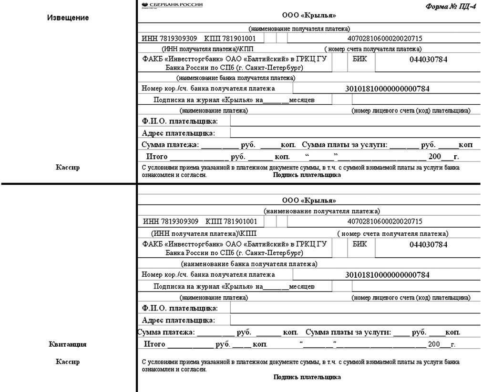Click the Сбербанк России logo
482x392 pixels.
[172, 5]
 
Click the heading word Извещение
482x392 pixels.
[68, 18]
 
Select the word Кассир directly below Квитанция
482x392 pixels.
[68, 362]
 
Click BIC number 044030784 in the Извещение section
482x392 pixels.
[428, 60]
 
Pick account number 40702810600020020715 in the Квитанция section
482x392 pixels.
[385, 221]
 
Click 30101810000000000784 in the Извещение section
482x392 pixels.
[387, 89]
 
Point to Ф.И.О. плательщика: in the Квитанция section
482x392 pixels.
[180, 309]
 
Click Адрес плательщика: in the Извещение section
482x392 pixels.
[178, 133]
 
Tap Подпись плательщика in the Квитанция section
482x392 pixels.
[307, 377]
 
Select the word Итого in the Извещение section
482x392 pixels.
[156, 157]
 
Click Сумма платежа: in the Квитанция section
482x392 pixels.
[166, 332]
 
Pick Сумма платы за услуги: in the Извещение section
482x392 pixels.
[345, 145]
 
